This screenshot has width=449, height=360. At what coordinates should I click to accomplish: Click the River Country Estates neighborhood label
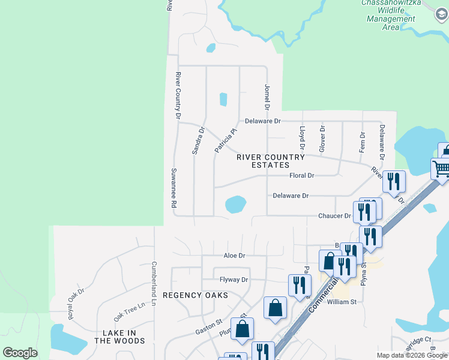click(x=271, y=161)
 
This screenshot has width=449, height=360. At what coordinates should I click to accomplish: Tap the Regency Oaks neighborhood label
click(x=195, y=295)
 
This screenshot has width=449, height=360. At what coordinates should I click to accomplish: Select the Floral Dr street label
click(x=301, y=176)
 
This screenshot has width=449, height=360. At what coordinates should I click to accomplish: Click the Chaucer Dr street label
click(x=334, y=215)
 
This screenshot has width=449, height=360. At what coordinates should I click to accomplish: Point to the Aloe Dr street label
click(x=234, y=255)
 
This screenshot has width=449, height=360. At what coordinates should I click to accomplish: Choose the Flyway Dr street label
click(x=234, y=280)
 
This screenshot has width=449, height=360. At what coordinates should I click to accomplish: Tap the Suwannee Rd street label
click(x=173, y=188)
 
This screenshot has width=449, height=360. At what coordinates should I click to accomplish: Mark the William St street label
click(x=342, y=302)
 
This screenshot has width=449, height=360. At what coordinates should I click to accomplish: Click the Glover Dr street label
click(x=322, y=138)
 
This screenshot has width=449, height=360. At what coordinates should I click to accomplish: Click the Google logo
click(x=20, y=353)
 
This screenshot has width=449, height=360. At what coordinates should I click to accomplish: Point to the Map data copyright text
click(x=411, y=355)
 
